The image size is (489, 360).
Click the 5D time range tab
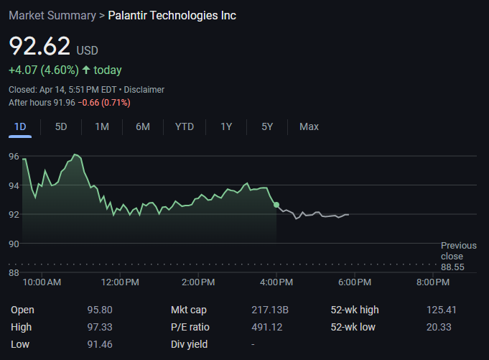tap(61, 126)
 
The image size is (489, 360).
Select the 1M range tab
tap(102, 126)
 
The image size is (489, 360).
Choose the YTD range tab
tap(185, 126)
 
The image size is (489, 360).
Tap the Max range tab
tap(309, 126)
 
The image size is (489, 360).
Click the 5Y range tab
tap(267, 126)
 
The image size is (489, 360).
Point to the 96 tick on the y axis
tap(14, 156)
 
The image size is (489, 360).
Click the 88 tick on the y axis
tap(14, 272)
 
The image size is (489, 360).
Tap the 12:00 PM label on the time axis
tap(120, 282)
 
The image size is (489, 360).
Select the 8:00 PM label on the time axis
tap(433, 282)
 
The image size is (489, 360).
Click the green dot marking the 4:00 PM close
tap(276, 206)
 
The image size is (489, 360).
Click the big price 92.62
tap(39, 47)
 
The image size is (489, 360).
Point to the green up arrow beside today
tap(86, 70)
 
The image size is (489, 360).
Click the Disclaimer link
tap(144, 90)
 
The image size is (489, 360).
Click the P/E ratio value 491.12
tap(264, 327)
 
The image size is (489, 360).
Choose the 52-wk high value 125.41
tap(442, 310)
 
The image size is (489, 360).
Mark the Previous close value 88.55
tap(452, 267)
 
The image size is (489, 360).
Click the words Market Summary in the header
tap(52, 16)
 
